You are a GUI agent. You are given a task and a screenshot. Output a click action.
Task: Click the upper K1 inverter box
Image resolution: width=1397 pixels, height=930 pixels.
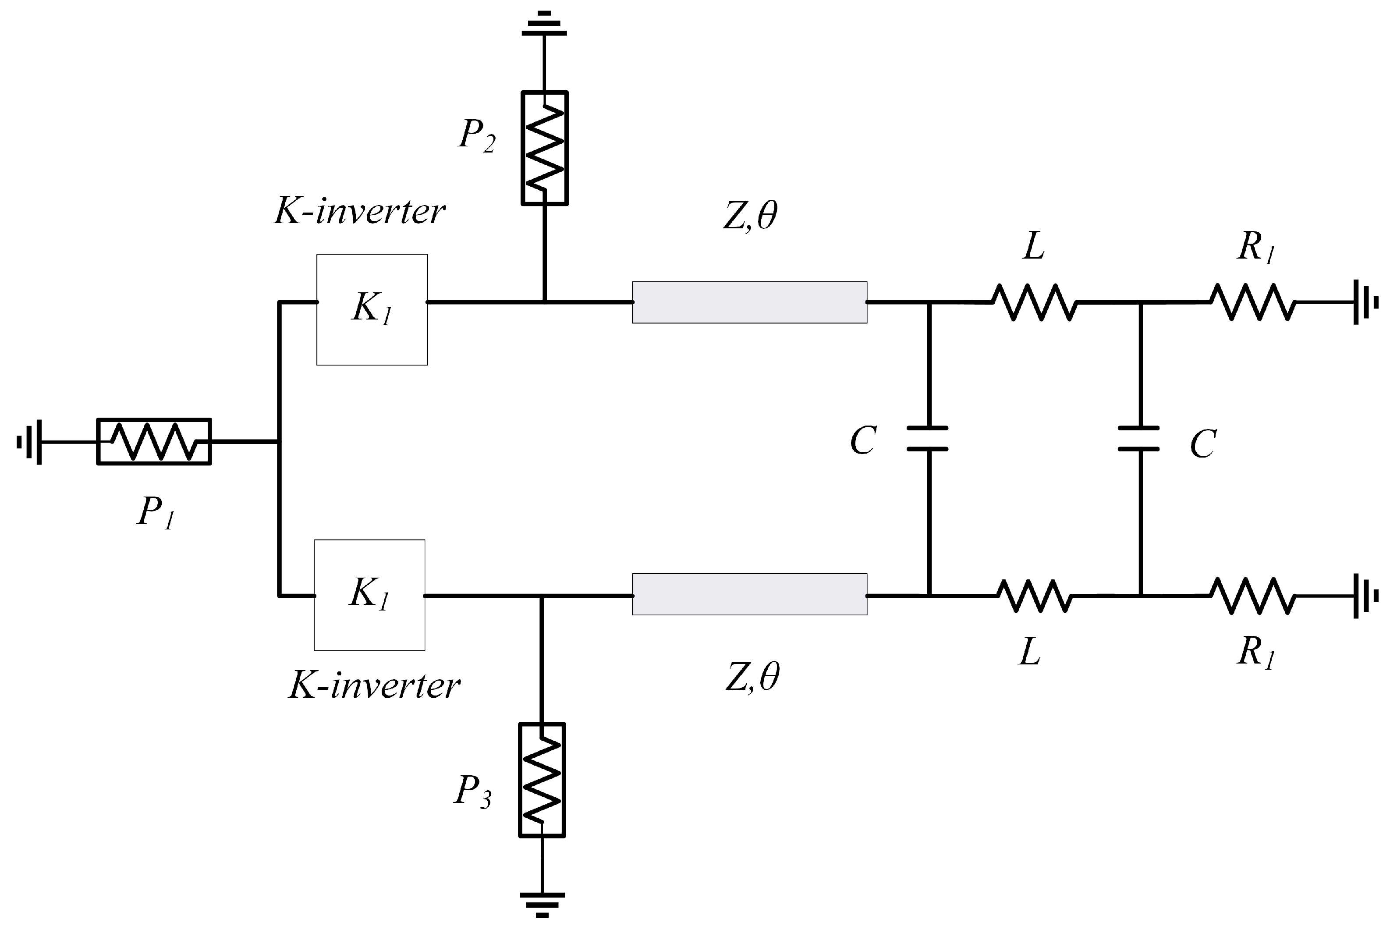372,309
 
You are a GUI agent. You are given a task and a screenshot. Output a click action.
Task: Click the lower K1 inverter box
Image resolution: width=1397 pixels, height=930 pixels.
369,595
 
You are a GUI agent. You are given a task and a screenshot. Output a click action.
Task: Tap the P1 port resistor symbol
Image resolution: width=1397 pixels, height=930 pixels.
153,442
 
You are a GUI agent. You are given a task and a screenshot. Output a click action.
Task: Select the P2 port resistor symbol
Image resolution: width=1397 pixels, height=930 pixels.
544,148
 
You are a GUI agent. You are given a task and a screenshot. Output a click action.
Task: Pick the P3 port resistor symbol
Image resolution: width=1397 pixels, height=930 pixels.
541,780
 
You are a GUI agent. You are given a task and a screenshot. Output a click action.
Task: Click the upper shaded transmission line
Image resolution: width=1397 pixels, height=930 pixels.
749,302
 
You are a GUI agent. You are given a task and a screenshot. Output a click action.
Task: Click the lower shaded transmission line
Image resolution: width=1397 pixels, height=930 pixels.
749,594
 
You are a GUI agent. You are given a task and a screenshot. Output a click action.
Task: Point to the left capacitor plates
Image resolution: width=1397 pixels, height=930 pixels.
927,438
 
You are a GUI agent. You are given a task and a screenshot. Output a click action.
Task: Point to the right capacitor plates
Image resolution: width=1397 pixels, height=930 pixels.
1138,438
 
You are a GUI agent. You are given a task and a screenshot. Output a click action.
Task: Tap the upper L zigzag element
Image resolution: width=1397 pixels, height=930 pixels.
1033,302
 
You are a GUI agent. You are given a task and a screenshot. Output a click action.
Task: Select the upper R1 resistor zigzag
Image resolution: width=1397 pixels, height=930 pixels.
1252,302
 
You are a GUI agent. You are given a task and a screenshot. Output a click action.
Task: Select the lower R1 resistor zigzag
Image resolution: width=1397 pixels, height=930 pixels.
1252,596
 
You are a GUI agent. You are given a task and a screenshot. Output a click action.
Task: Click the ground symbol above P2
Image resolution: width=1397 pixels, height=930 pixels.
544,25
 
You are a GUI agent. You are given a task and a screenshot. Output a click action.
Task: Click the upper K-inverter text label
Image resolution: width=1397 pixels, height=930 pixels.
359,212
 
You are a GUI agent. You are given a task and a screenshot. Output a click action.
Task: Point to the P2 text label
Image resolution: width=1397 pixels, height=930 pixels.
477,135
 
